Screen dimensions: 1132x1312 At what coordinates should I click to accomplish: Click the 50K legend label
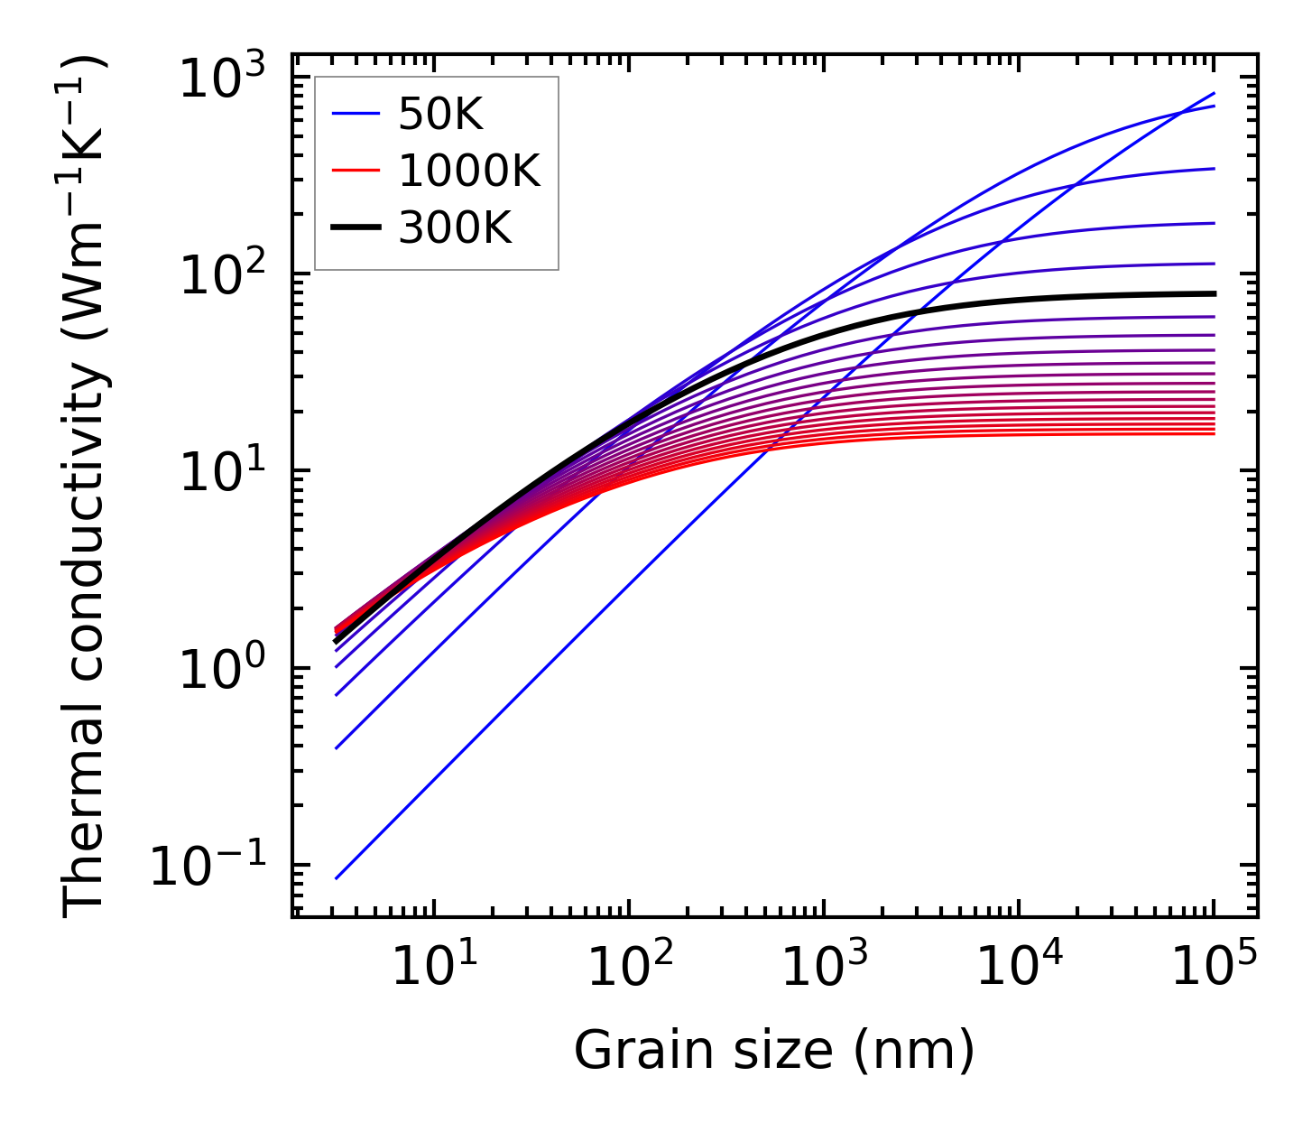[440, 115]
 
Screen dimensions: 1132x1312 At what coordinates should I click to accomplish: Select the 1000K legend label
[469, 172]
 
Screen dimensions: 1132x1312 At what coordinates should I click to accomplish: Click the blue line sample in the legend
[356, 115]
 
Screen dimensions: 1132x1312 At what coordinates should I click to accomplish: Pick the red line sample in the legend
[356, 172]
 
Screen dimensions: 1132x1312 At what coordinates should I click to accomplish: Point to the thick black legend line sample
[356, 228]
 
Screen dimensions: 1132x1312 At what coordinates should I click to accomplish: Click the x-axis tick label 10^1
[434, 969]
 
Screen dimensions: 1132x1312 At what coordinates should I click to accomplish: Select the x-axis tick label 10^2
[629, 969]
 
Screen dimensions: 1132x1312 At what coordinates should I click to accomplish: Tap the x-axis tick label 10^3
[824, 969]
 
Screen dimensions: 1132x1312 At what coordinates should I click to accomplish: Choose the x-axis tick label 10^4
[1019, 969]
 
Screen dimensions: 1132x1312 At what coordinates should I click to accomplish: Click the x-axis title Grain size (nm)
[774, 1052]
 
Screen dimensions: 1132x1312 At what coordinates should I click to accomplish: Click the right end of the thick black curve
[1215, 293]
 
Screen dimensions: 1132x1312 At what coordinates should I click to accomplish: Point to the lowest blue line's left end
[336, 877]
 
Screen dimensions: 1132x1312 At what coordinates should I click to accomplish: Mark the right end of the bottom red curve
[1215, 434]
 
